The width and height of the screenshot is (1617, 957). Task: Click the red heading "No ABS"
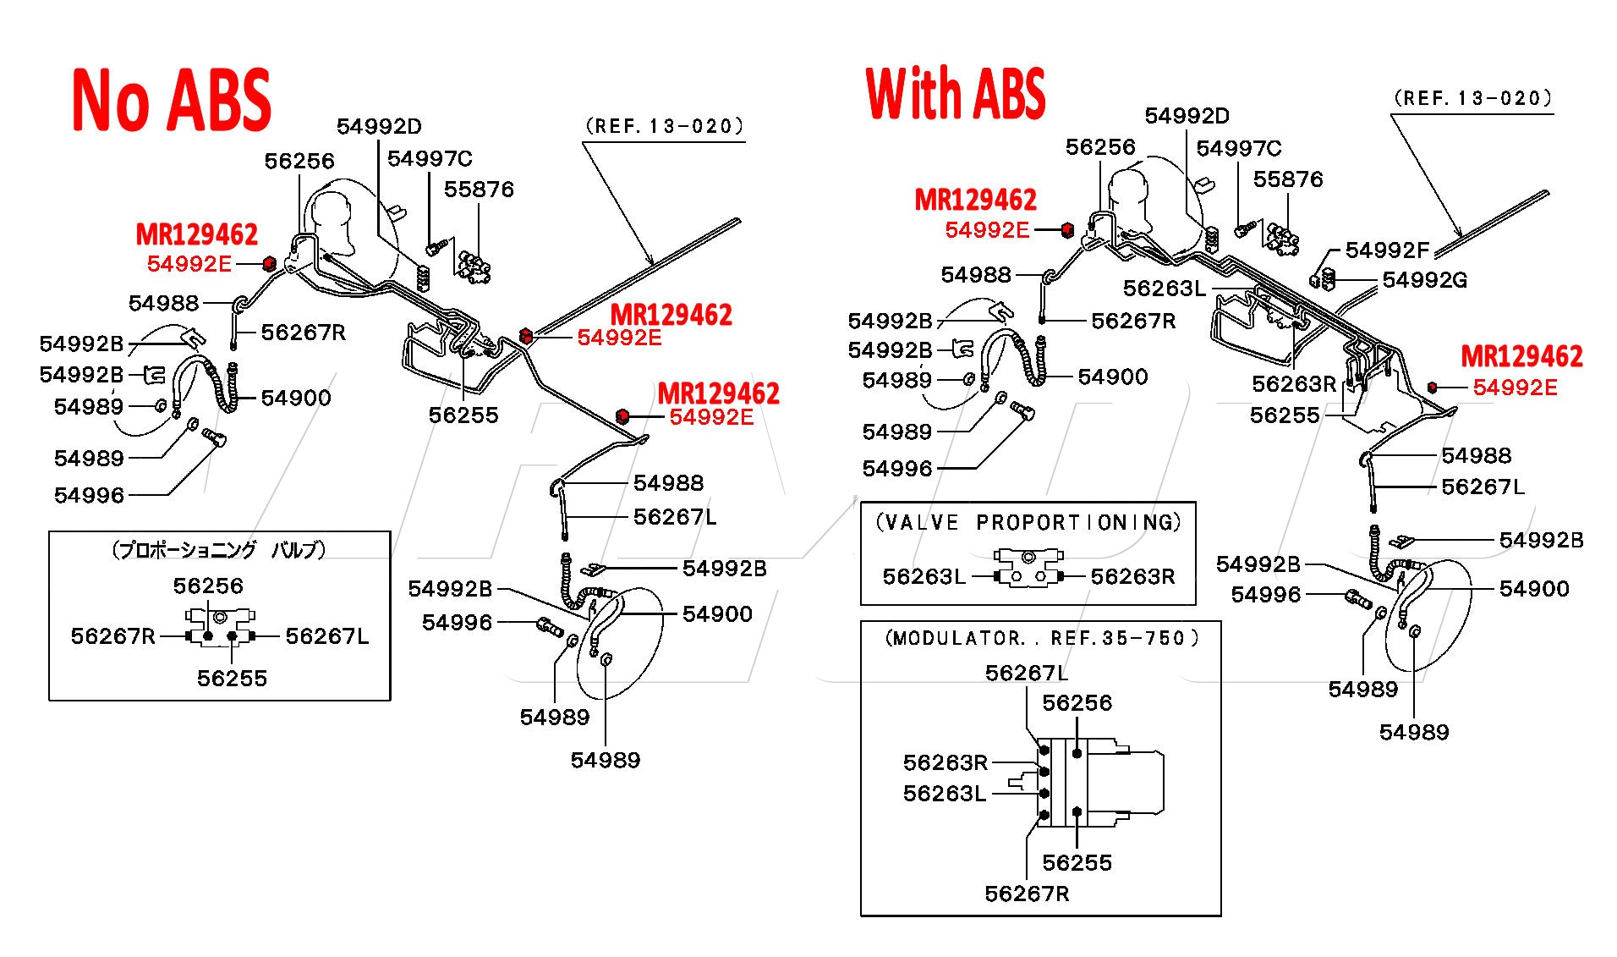(172, 101)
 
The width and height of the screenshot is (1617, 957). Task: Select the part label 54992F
(1387, 250)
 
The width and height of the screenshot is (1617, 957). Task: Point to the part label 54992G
(1424, 280)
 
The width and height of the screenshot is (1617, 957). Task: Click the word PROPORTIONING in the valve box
(1077, 523)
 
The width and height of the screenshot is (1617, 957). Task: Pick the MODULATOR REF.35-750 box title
(1041, 638)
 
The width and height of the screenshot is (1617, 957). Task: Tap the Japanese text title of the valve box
(219, 550)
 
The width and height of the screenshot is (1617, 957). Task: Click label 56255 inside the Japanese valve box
(232, 679)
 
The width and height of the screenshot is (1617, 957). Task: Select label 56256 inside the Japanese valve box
(208, 586)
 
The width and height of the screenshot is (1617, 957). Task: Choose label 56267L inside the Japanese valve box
(327, 636)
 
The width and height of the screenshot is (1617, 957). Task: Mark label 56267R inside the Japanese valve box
(113, 636)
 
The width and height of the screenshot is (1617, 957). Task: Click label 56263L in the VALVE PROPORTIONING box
(924, 577)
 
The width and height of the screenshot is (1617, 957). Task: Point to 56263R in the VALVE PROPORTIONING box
(1132, 577)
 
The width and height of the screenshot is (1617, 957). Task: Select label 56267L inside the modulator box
(1027, 674)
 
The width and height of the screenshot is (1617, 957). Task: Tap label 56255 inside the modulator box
(1077, 863)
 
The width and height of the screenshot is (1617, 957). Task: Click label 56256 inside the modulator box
(1077, 703)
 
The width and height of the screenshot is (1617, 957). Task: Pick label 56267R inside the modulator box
(1027, 894)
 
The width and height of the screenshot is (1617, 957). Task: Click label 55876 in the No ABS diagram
(479, 190)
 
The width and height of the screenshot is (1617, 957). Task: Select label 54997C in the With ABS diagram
(1238, 149)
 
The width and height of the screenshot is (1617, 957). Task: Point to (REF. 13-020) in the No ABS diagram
(665, 127)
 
